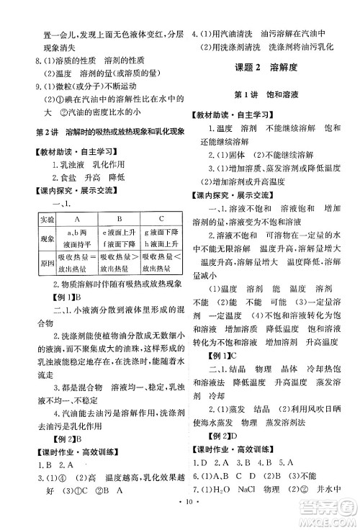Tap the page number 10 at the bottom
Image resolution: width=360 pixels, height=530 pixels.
180,520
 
